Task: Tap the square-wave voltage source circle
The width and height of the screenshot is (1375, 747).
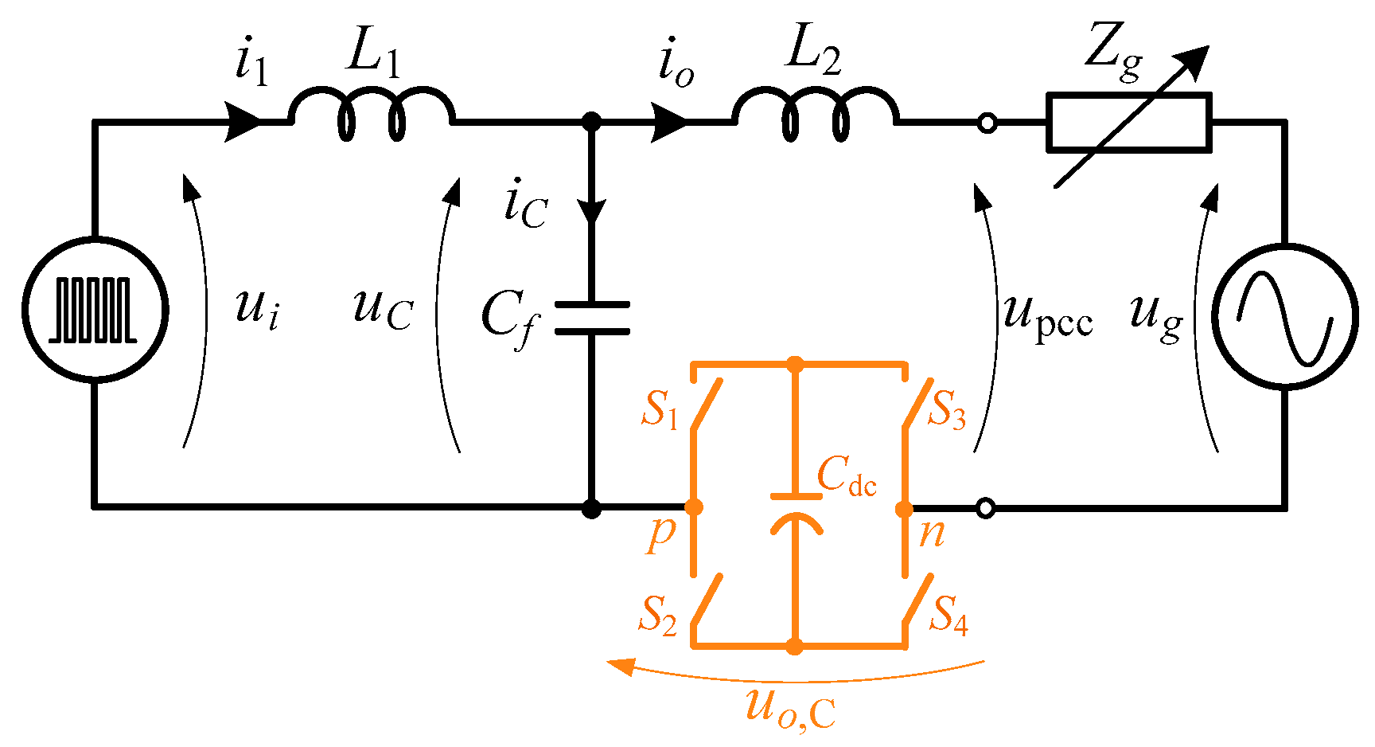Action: (95, 311)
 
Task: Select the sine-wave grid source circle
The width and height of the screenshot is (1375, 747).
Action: (1284, 316)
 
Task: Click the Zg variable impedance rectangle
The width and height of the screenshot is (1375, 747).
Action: (1128, 123)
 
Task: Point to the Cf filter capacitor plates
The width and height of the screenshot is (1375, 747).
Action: (591, 318)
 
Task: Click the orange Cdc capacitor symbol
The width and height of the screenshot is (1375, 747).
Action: (795, 510)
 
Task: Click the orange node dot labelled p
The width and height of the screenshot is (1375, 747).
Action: (694, 507)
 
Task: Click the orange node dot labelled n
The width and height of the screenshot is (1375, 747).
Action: (904, 508)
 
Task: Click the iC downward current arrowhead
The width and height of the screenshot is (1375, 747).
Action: (591, 212)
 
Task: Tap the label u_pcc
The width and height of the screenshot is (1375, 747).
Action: (1047, 315)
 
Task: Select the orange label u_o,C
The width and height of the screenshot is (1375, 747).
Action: (790, 708)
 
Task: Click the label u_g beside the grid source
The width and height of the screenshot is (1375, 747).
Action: (1156, 315)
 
